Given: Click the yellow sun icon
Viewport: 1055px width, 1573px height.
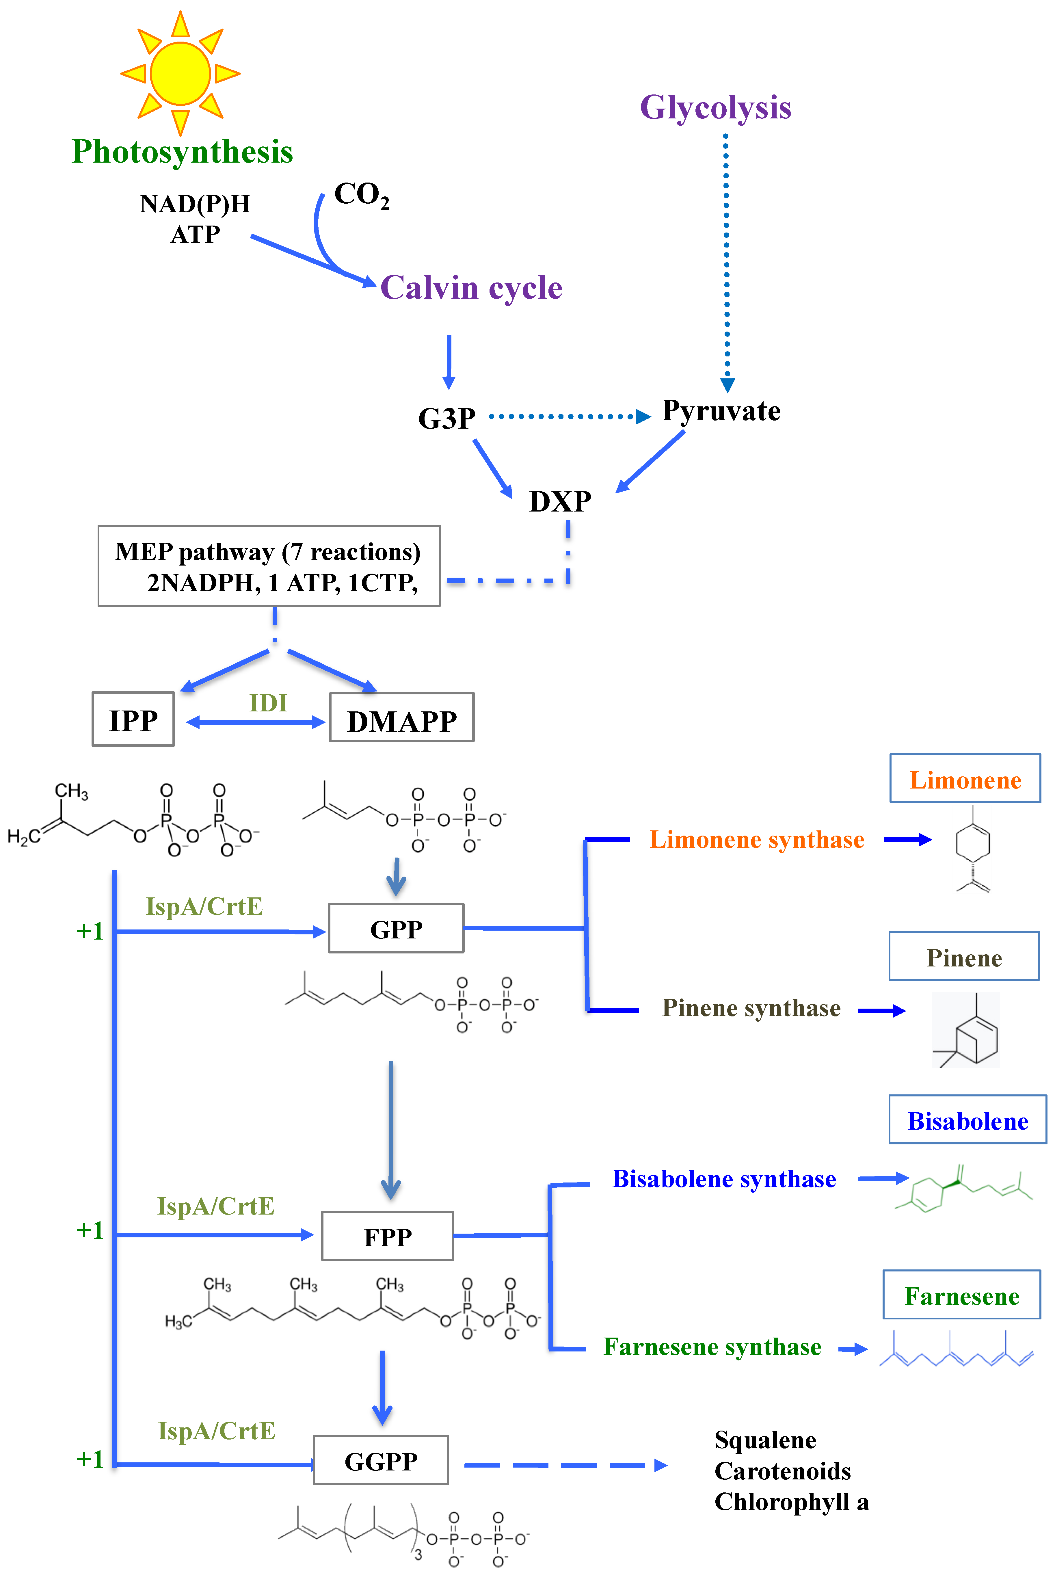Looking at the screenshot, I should (x=180, y=73).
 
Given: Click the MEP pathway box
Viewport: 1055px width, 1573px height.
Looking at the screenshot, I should (x=269, y=566).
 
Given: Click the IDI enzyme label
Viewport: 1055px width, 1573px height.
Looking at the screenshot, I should (x=268, y=703).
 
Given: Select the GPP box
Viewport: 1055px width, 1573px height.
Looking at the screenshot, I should (x=396, y=928).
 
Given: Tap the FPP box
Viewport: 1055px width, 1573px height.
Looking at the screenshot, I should (x=388, y=1236).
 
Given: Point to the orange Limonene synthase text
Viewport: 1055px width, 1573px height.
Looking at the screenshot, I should (x=756, y=840).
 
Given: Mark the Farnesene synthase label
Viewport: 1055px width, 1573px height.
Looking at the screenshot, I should (x=712, y=1347).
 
